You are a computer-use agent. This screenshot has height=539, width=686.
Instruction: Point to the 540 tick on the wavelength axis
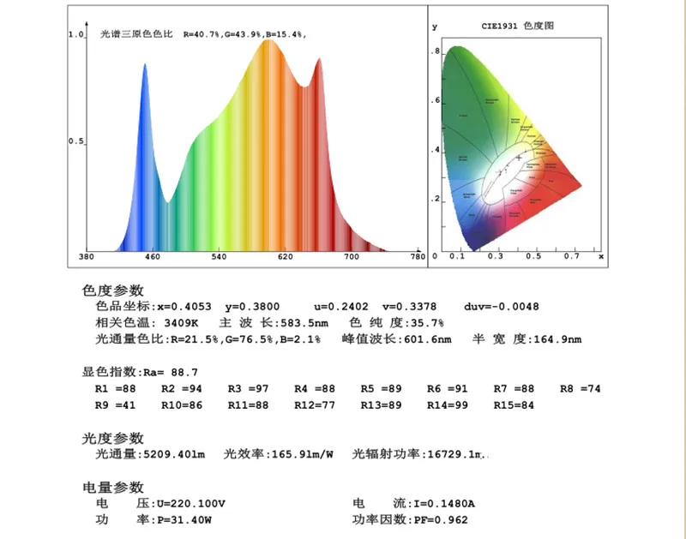(219, 257)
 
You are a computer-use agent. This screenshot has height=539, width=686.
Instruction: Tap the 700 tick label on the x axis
(352, 257)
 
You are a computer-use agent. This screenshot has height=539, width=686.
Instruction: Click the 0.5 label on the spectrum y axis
(75, 141)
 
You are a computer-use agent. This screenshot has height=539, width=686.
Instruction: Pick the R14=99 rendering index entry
(448, 405)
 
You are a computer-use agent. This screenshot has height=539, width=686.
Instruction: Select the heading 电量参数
(113, 487)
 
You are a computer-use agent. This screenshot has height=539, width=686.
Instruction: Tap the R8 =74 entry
(581, 389)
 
